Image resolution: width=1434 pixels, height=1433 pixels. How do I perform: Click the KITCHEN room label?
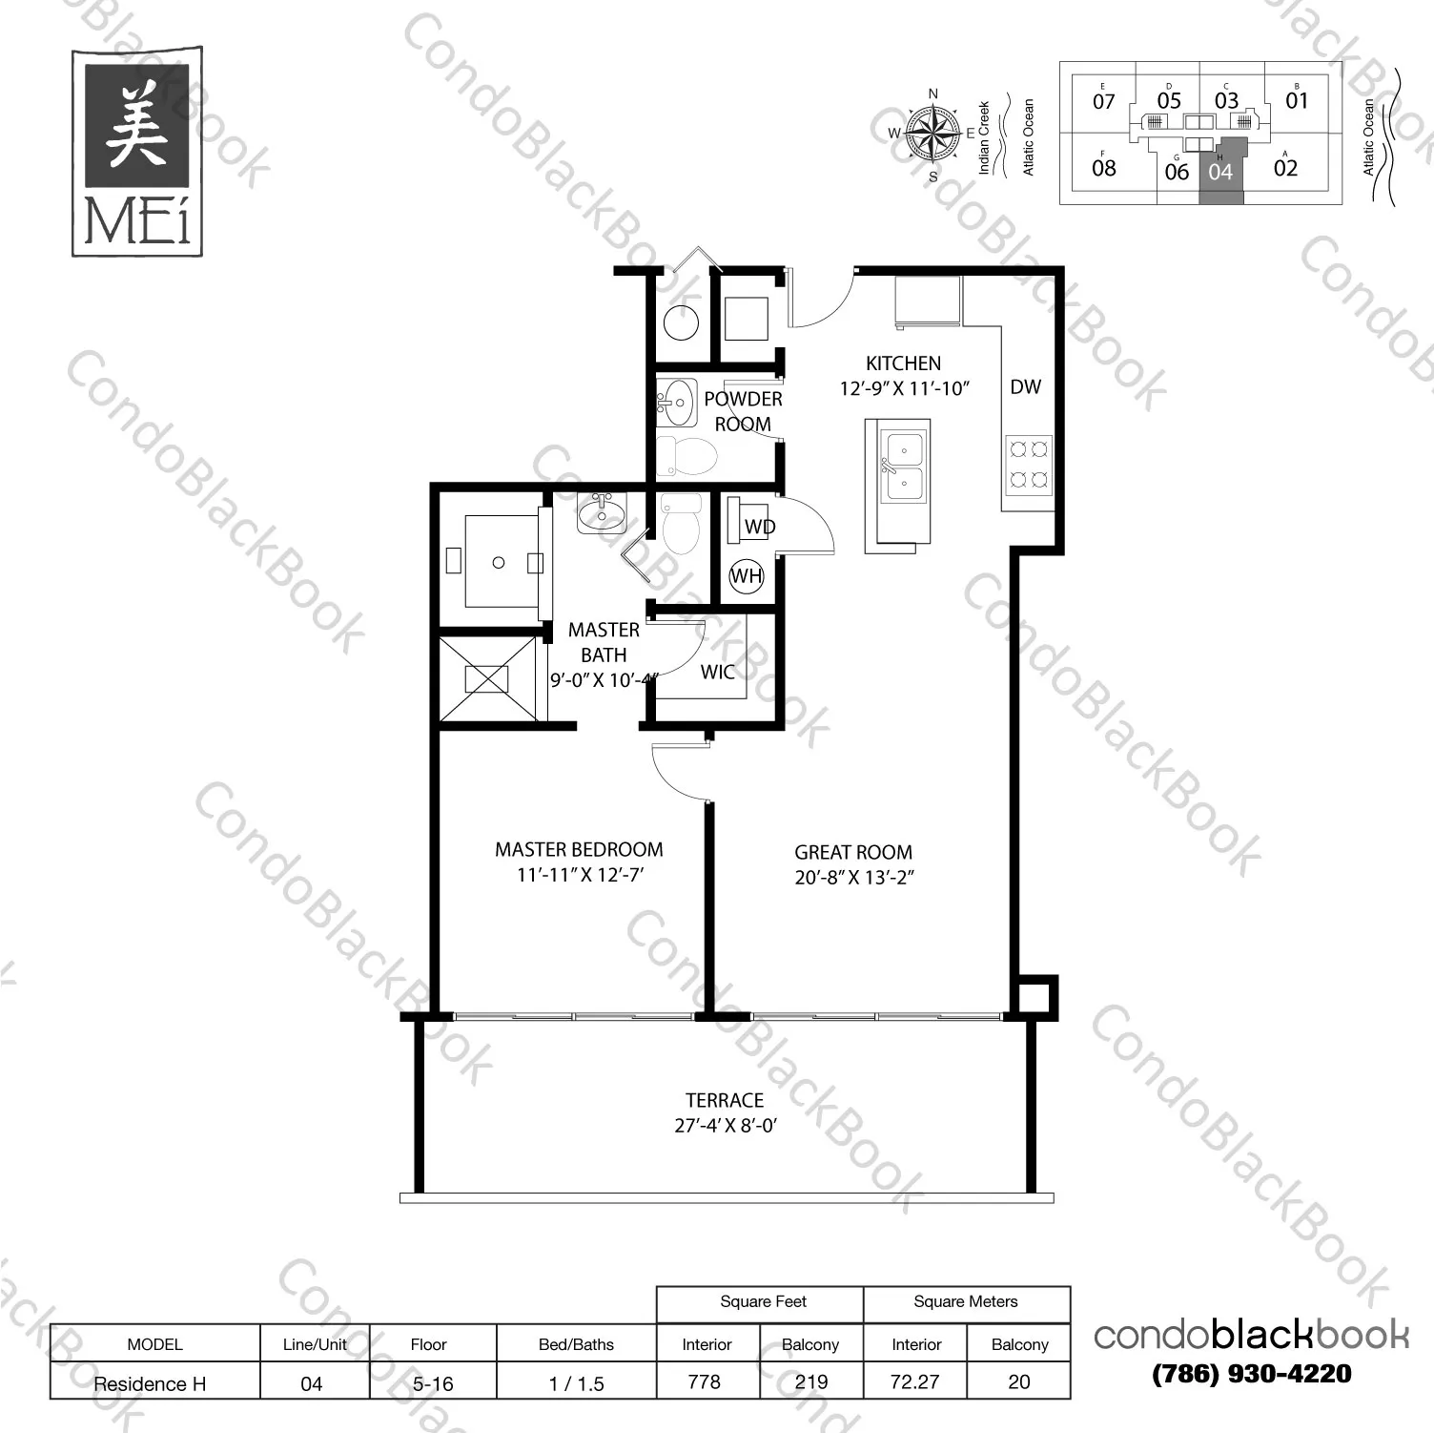(x=903, y=363)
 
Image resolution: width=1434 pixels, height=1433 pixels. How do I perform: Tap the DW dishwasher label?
(x=1025, y=386)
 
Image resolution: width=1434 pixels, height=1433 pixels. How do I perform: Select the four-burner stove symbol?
(x=1029, y=463)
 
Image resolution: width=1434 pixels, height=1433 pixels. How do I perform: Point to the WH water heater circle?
(x=746, y=575)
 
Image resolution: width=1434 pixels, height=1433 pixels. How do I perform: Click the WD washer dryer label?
(x=759, y=527)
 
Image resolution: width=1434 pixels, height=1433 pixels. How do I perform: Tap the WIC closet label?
(x=717, y=672)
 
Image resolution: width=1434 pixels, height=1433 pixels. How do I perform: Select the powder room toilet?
(x=686, y=457)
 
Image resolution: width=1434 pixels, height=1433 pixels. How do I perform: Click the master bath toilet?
(x=680, y=527)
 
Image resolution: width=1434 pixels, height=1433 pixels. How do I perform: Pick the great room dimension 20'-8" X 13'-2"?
(x=853, y=878)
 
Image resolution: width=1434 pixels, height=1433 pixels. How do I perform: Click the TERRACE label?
(x=725, y=1100)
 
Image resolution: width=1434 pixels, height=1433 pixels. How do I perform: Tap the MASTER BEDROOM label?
(x=579, y=849)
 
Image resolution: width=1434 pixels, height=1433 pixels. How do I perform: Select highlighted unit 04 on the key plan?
(x=1220, y=172)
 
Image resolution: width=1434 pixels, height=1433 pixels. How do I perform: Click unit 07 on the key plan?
(x=1103, y=101)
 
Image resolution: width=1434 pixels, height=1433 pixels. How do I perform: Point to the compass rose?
(x=932, y=133)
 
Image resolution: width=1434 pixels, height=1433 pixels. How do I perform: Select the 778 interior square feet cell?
(x=705, y=1381)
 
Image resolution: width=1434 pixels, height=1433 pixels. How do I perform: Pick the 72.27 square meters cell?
(x=914, y=1381)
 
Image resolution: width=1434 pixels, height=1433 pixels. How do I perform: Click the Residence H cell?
(x=150, y=1383)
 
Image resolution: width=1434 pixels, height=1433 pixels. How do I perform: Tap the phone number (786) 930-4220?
(x=1251, y=1374)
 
